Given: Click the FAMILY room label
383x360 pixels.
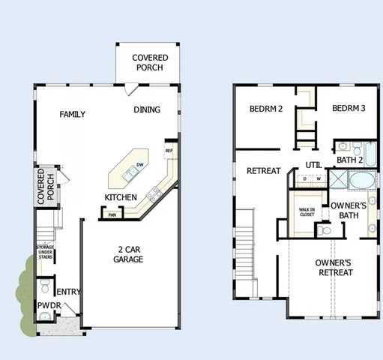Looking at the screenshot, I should click(72, 115).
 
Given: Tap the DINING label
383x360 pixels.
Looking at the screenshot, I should click(147, 109).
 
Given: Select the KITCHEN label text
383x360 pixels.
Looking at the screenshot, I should click(120, 197).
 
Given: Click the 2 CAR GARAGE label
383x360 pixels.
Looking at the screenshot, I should click(128, 254).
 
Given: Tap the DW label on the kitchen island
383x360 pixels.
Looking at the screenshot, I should click(139, 165).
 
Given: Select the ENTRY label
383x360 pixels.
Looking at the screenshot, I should click(69, 292).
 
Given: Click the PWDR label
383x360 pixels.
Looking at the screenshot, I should click(49, 305).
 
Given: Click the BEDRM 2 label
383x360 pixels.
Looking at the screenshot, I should click(265, 109).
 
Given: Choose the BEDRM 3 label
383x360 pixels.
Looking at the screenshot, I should click(349, 109).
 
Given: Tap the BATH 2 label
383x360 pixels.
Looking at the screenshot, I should click(349, 160).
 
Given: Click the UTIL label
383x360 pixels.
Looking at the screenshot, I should click(313, 166).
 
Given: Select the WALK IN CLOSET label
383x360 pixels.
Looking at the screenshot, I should click(307, 213).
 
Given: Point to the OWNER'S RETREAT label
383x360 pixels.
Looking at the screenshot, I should click(334, 267).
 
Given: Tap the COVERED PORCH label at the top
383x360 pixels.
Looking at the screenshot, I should click(150, 62).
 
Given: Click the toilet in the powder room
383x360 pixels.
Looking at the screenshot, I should click(45, 286).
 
